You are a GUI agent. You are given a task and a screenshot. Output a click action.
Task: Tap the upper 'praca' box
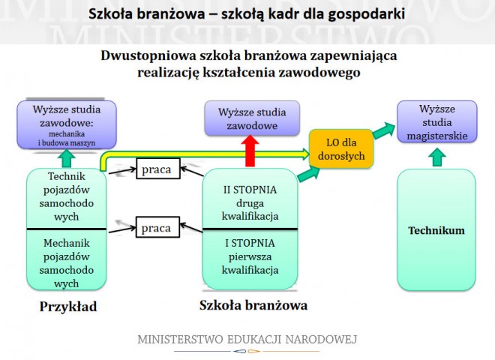point(157,170)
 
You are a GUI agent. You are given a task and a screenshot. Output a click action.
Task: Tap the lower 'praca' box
point(157,226)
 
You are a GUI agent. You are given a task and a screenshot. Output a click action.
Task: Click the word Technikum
point(436,230)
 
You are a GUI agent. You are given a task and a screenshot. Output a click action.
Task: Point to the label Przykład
point(68,307)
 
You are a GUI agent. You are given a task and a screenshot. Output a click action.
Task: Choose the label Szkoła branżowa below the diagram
point(253,306)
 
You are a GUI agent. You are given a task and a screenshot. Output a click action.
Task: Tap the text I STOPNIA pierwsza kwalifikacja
point(251,256)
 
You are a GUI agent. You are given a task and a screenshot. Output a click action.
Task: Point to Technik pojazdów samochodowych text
point(67,196)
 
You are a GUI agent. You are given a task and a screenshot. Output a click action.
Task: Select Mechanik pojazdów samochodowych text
point(67,262)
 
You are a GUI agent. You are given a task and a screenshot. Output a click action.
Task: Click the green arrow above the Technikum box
point(437,157)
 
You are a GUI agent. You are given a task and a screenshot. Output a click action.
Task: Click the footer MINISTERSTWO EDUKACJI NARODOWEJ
point(247,340)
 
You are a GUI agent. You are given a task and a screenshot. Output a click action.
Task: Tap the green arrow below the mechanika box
point(67,158)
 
